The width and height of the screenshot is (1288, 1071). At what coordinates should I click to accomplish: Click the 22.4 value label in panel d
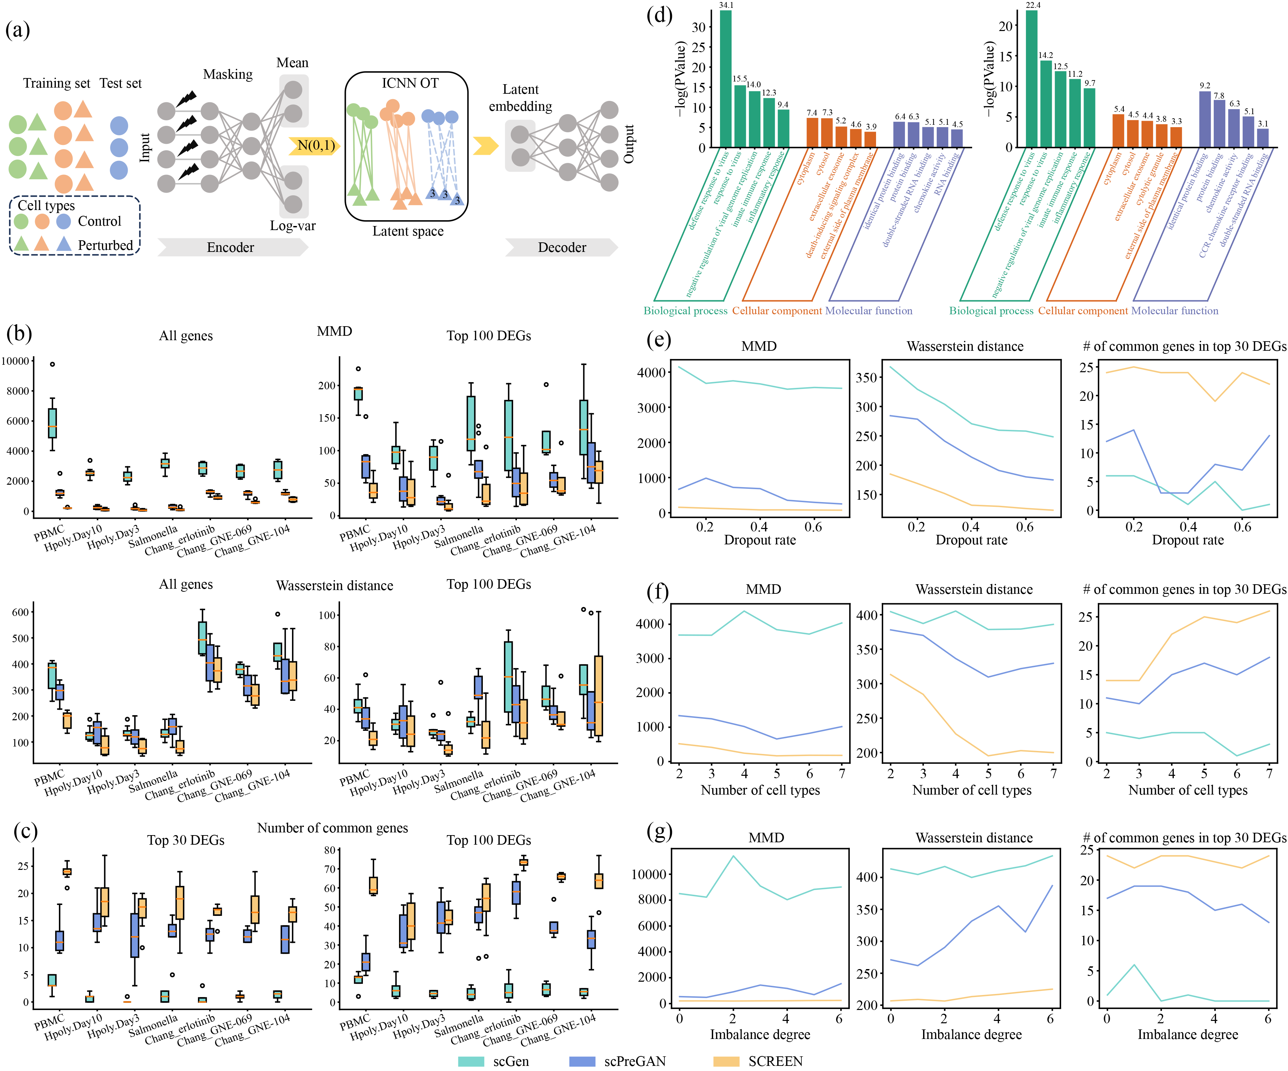pyautogui.click(x=1033, y=5)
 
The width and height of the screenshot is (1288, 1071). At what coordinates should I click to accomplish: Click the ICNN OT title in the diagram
pyautogui.click(x=410, y=83)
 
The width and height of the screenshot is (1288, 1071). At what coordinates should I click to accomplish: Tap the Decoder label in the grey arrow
pyautogui.click(x=562, y=247)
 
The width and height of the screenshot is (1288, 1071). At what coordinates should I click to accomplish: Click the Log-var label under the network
pyautogui.click(x=293, y=226)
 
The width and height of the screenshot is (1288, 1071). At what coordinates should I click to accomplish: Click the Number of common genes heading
pyautogui.click(x=333, y=828)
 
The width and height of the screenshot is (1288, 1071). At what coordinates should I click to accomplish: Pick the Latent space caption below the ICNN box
pyautogui.click(x=408, y=231)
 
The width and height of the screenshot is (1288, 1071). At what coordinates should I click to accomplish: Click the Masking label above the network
pyautogui.click(x=228, y=74)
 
